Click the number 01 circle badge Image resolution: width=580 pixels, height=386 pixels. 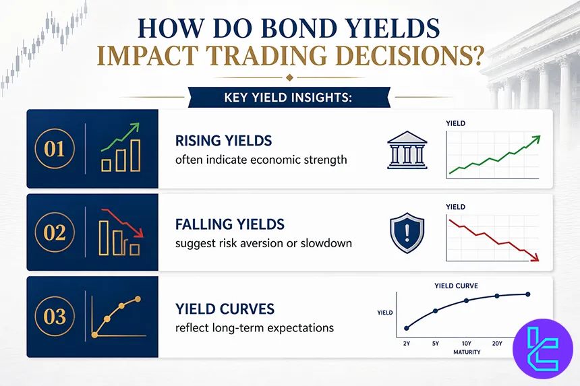coord(55,149)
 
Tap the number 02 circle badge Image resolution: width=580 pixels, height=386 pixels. coord(55,232)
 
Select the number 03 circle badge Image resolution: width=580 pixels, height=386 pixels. coord(55,317)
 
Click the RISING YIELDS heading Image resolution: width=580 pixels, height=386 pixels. coord(223,141)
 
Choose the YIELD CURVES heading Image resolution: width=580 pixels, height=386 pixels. coord(225,309)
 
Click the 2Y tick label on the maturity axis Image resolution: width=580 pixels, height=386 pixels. coord(406,344)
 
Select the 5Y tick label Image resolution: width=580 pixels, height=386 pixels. coord(435,344)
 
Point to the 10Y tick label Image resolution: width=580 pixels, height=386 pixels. coord(466,344)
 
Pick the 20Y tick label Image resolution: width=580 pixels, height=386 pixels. coord(497,344)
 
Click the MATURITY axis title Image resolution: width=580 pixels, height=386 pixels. coord(466,352)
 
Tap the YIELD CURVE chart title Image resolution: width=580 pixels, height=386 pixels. coord(457,286)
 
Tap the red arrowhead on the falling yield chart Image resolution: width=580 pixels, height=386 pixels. coord(535,256)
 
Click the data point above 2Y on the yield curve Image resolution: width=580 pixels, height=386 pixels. coord(406,328)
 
